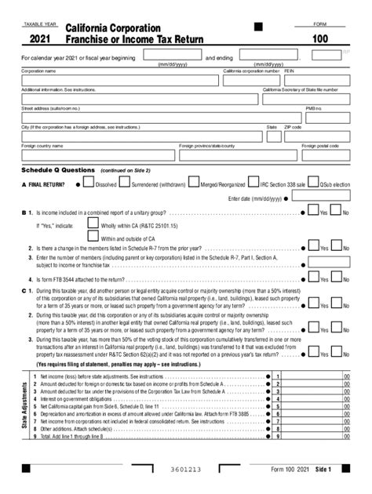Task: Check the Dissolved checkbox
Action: click(x=89, y=184)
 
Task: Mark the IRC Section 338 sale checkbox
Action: click(x=253, y=184)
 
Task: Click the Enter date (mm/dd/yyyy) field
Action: click(x=322, y=199)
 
